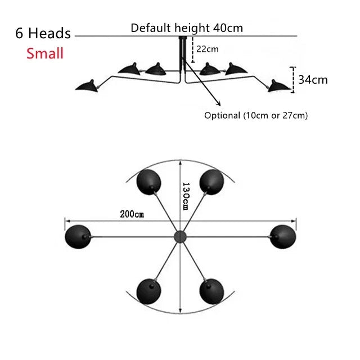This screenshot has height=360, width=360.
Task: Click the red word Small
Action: (44, 53)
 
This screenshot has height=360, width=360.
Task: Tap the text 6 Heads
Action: (43, 33)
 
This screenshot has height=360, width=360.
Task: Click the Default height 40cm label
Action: (187, 28)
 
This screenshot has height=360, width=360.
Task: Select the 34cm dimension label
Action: (313, 79)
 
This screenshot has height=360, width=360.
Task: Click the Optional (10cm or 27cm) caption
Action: (256, 115)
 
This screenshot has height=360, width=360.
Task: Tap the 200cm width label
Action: (132, 214)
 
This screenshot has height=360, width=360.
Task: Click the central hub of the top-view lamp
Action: (180, 236)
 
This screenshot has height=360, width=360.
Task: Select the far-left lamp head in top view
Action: (78, 235)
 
